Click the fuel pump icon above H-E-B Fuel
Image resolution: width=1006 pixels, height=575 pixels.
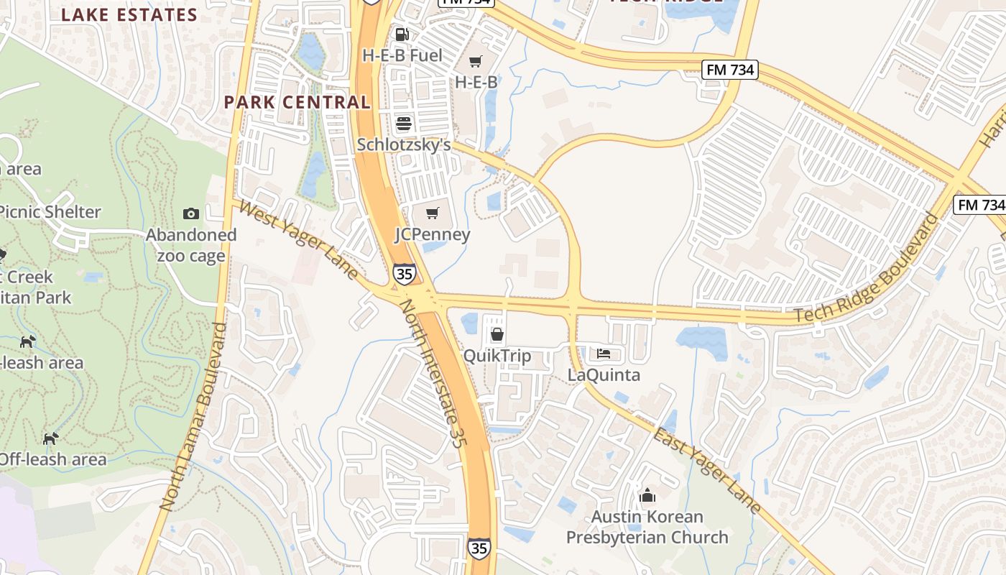(402, 34)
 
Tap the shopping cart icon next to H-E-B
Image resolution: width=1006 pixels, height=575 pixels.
(476, 62)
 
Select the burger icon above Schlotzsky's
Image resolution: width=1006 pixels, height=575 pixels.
(404, 123)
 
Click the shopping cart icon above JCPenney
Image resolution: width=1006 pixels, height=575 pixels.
(432, 213)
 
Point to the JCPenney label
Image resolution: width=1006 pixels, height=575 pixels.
(433, 234)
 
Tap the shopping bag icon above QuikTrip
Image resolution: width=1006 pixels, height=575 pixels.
(497, 334)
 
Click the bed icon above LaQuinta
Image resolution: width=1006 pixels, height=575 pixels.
(604, 354)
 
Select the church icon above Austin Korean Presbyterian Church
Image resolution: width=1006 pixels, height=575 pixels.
(647, 495)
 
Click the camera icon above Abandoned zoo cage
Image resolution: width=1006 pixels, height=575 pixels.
(191, 213)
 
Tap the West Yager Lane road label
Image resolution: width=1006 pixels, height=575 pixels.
(299, 240)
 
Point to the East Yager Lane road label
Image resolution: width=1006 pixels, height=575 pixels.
(707, 471)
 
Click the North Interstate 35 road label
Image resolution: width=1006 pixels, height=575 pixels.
(430, 374)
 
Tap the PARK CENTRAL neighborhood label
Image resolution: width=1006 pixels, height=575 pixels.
(297, 102)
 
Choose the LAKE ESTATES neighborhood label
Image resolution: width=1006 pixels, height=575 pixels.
(129, 15)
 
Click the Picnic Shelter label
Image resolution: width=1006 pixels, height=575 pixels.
(49, 212)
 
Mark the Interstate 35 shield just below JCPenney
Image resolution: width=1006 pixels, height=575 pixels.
(403, 273)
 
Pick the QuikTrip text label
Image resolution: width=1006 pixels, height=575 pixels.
(497, 356)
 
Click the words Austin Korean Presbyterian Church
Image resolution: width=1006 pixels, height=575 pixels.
(647, 527)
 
